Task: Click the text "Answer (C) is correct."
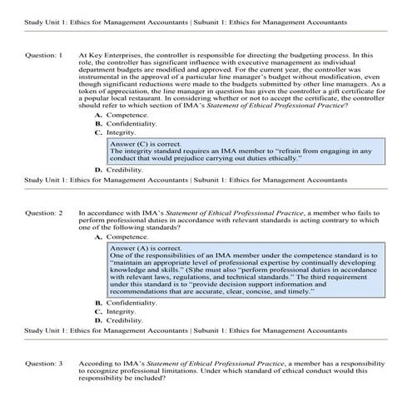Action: pyautogui.click(x=146, y=143)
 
